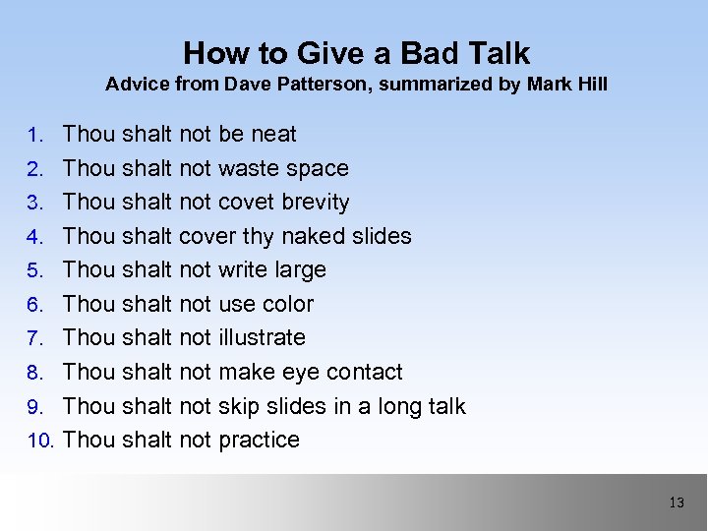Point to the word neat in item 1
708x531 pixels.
tap(273, 134)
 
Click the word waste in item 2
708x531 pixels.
tap(249, 168)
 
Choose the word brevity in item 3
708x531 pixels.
tap(316, 202)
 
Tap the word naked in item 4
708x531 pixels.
tap(314, 236)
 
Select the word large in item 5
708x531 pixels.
tap(301, 269)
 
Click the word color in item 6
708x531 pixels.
tap(287, 304)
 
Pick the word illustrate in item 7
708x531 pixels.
tap(262, 337)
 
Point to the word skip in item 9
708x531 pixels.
tap(239, 406)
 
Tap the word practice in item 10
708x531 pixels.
tap(259, 440)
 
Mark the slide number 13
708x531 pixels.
tap(676, 502)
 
